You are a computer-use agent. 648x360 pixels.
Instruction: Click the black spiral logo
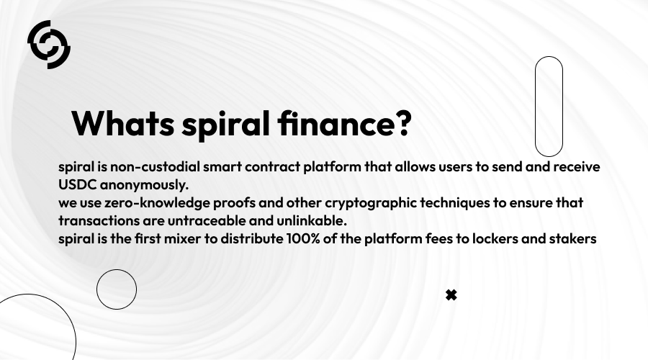tap(49, 44)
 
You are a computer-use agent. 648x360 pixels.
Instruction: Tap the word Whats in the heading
tap(123, 124)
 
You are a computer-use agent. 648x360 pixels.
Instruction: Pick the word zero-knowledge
tap(148, 203)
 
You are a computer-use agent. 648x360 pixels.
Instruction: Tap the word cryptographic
tap(360, 203)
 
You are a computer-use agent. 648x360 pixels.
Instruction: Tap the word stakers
tap(572, 239)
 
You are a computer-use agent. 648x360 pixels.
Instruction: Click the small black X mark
tap(451, 294)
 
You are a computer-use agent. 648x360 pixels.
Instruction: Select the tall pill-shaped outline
tap(549, 107)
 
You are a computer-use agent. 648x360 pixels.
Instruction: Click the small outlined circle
tap(117, 289)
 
